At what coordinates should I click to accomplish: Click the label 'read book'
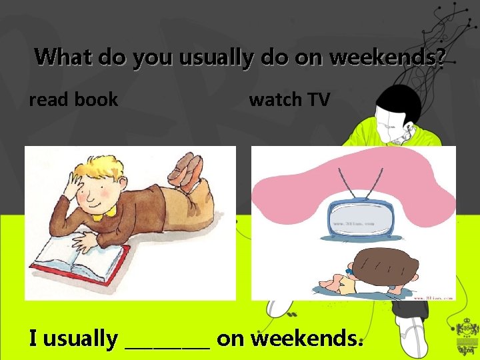73,100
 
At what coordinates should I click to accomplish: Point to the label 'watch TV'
289,100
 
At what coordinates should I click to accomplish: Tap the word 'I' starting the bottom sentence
33,339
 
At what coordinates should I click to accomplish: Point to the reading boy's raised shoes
189,167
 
